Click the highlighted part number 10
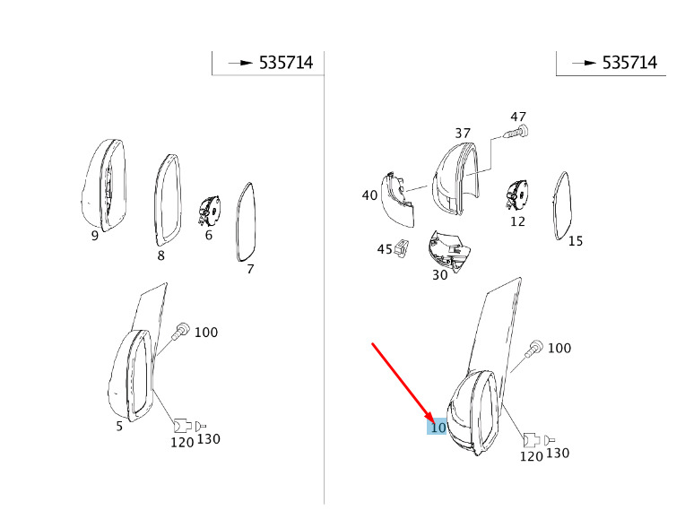(438, 428)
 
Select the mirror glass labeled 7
(246, 222)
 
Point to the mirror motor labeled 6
(209, 210)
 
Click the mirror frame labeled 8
(168, 201)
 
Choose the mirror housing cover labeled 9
(104, 186)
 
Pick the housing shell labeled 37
(455, 177)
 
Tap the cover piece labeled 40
(398, 200)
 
